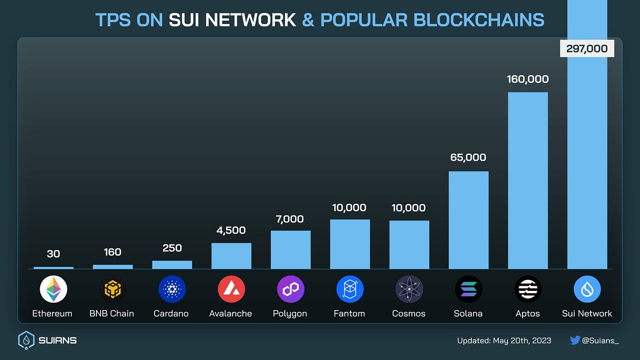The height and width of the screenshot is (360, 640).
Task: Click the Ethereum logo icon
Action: pyautogui.click(x=53, y=289)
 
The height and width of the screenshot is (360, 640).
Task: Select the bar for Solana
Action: pyautogui.click(x=469, y=220)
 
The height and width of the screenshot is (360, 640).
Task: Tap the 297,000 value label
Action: pyautogui.click(x=587, y=48)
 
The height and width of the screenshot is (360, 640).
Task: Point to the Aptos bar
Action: pyautogui.click(x=528, y=181)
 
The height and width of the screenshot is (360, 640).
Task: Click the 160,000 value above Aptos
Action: pyautogui.click(x=528, y=79)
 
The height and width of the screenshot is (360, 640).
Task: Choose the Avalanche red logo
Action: pyautogui.click(x=231, y=289)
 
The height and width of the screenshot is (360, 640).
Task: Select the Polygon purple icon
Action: pyautogui.click(x=290, y=289)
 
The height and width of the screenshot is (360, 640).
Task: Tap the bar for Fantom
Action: pyautogui.click(x=350, y=244)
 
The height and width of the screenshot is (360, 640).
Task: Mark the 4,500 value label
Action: pyautogui.click(x=231, y=230)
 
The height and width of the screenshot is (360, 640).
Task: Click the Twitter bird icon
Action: pyautogui.click(x=575, y=340)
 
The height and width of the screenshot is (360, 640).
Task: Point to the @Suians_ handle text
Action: pyautogui.click(x=600, y=340)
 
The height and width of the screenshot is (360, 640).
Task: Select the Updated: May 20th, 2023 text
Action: pyautogui.click(x=504, y=340)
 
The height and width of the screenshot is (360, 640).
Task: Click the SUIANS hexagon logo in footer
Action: pyautogui.click(x=26, y=340)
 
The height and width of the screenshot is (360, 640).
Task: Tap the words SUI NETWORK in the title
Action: pyautogui.click(x=232, y=20)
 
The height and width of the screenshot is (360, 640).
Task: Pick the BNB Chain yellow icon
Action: pyautogui.click(x=112, y=289)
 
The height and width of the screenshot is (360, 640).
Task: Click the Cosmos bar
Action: pyautogui.click(x=409, y=245)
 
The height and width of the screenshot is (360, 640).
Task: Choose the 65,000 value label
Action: pyautogui.click(x=469, y=157)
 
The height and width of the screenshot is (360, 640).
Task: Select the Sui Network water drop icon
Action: pyautogui.click(x=587, y=289)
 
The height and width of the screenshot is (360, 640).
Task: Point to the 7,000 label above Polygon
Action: pyautogui.click(x=290, y=219)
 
